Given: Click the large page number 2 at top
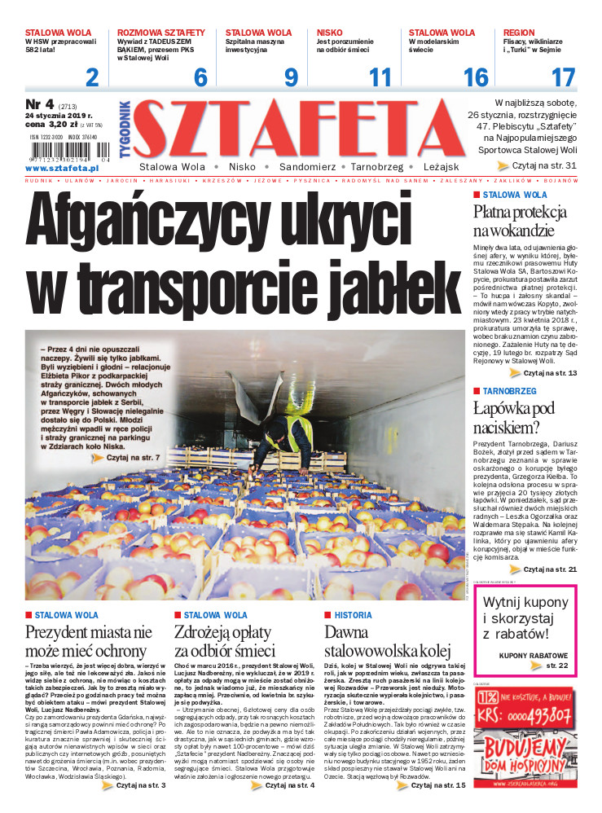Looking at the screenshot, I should click(x=92, y=77).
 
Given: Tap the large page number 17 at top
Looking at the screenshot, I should click(x=563, y=77).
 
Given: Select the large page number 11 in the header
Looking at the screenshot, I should click(x=380, y=77).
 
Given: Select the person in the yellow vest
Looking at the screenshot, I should click(x=288, y=435).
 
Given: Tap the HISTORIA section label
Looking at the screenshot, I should click(x=354, y=615).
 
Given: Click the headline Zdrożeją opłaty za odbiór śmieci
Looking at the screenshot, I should click(x=222, y=643).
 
